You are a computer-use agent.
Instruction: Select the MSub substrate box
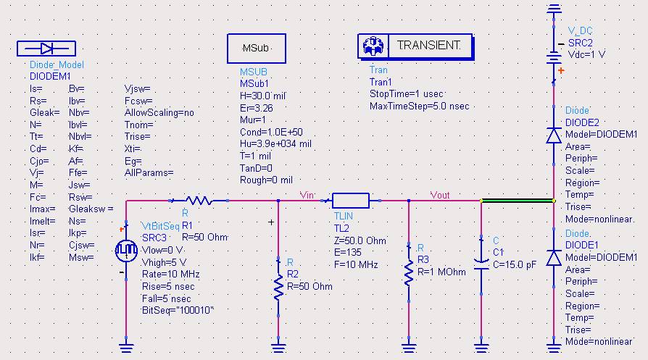257,49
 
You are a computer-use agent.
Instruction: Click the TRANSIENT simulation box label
428,46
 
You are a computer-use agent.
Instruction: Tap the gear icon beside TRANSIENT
373,46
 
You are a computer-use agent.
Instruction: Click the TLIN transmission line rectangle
351,200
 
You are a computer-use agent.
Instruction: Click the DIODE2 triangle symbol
554,135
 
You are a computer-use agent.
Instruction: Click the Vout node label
440,194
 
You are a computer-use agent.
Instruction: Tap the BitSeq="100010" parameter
178,309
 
